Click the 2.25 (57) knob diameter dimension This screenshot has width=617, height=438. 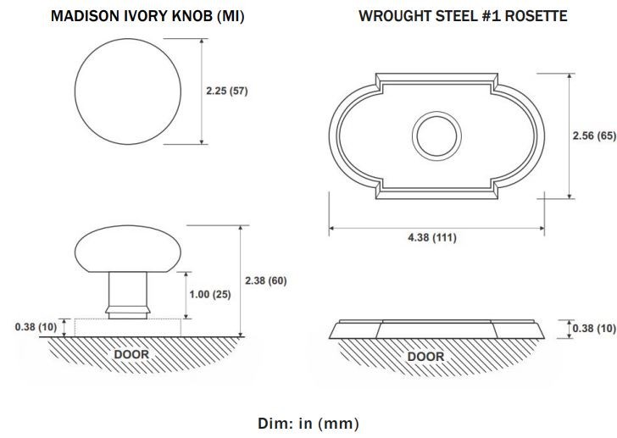click(x=226, y=91)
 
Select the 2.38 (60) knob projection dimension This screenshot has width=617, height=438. click(x=265, y=280)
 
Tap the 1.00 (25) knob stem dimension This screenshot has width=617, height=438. click(x=210, y=295)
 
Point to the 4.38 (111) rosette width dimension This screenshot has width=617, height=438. click(x=432, y=237)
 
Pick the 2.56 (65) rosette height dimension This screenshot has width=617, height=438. click(x=594, y=136)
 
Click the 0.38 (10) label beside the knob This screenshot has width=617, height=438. click(x=36, y=327)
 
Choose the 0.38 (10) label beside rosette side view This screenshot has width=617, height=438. click(x=594, y=329)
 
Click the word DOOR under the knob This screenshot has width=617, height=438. click(x=131, y=354)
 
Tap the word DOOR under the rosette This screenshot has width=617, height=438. click(x=425, y=357)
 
